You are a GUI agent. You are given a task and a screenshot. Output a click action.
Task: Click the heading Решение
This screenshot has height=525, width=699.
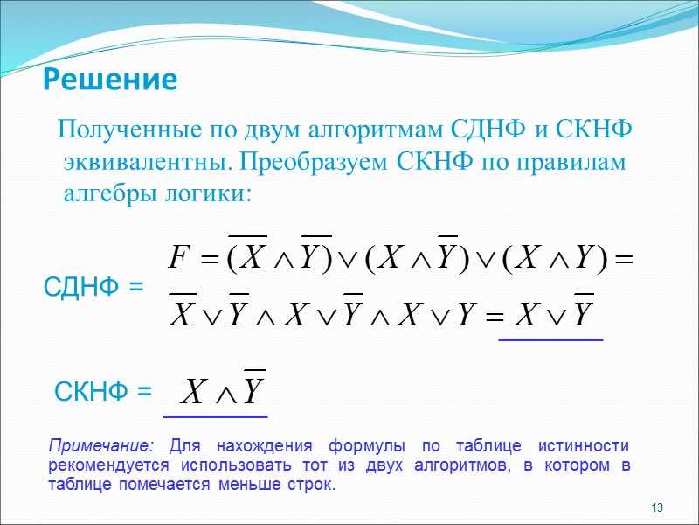coord(110,80)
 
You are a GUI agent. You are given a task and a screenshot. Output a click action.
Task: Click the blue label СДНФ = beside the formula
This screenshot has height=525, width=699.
coord(93,285)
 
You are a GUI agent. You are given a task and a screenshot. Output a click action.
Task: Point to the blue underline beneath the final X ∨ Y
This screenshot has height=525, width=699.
coord(550,339)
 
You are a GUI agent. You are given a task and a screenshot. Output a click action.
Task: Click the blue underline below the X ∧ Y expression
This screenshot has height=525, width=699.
coord(216,416)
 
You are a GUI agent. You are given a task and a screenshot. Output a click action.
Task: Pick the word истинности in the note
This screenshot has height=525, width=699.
coord(591,445)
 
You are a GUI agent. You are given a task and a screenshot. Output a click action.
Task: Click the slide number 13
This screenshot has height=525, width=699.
coord(658,508)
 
